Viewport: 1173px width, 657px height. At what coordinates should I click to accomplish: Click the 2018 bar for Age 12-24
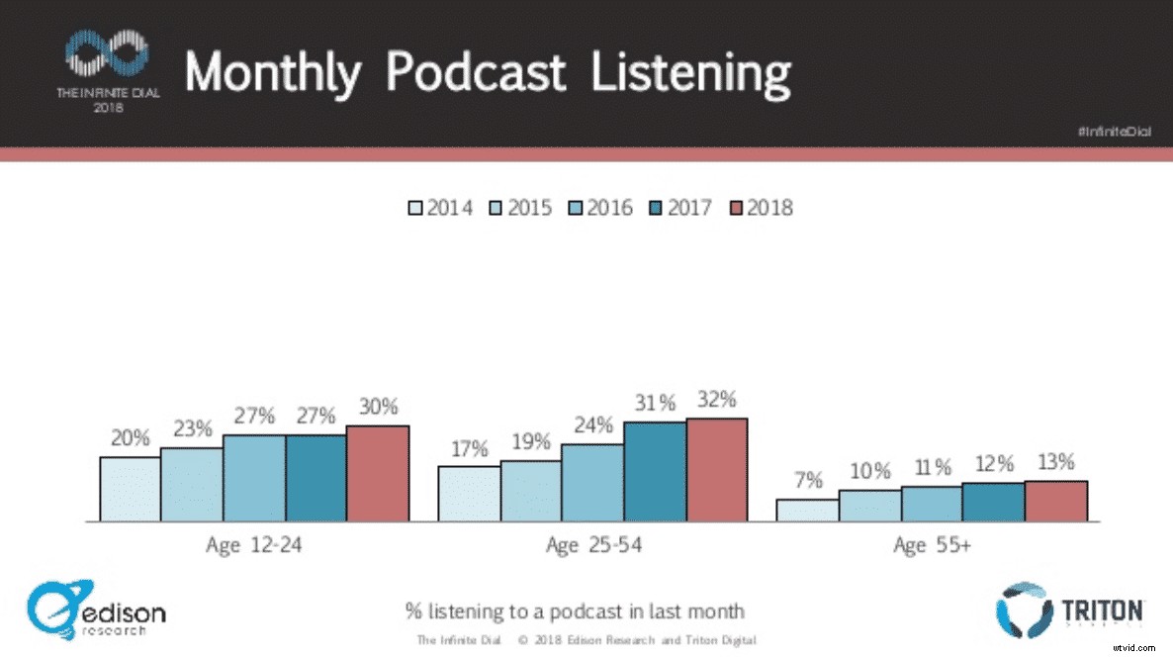pos(378,473)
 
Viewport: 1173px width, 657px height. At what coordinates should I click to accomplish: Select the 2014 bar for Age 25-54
pos(469,493)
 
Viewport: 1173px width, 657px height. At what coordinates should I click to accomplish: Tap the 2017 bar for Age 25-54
pos(655,471)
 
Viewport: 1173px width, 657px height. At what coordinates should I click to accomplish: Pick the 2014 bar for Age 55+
pos(807,510)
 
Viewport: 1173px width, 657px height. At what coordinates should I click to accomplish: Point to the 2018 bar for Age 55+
pos(1056,501)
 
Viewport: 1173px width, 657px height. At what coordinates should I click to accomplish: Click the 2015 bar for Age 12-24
pos(191,484)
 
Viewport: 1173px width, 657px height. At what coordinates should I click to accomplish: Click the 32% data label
pos(716,400)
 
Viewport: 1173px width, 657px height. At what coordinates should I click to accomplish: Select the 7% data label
pos(807,481)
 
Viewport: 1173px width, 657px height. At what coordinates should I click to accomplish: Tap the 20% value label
pos(130,438)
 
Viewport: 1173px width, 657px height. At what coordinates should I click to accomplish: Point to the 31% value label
pos(655,403)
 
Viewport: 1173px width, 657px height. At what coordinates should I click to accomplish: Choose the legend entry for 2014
pos(440,208)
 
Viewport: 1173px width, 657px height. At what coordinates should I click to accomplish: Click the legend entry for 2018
pos(761,208)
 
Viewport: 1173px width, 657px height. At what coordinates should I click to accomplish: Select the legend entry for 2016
pos(600,208)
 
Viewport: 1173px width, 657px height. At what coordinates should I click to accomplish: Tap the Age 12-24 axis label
pos(253,545)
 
